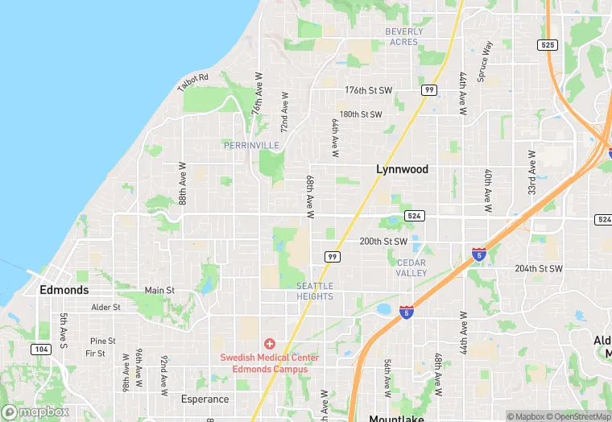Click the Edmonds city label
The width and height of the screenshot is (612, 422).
pos(64,290)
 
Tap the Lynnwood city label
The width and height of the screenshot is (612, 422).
pos(403,170)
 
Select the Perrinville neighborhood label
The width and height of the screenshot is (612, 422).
pos(251,145)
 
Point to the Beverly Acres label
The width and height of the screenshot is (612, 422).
pos(403,37)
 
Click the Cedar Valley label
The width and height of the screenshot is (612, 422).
pos(411,268)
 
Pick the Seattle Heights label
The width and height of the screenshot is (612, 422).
pos(314,292)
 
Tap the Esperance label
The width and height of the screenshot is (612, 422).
pos(205,399)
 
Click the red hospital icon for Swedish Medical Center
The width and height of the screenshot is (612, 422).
pos(270,344)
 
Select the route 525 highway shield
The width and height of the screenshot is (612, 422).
pos(548,45)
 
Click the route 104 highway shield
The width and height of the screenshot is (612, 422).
pos(40,350)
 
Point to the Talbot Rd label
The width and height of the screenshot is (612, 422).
pos(193,82)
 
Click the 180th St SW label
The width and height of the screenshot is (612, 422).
pos(360,114)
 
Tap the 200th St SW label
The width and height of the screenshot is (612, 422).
pos(383,241)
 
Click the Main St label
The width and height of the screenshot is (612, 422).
pos(159,290)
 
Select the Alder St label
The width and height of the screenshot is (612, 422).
pos(105,307)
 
